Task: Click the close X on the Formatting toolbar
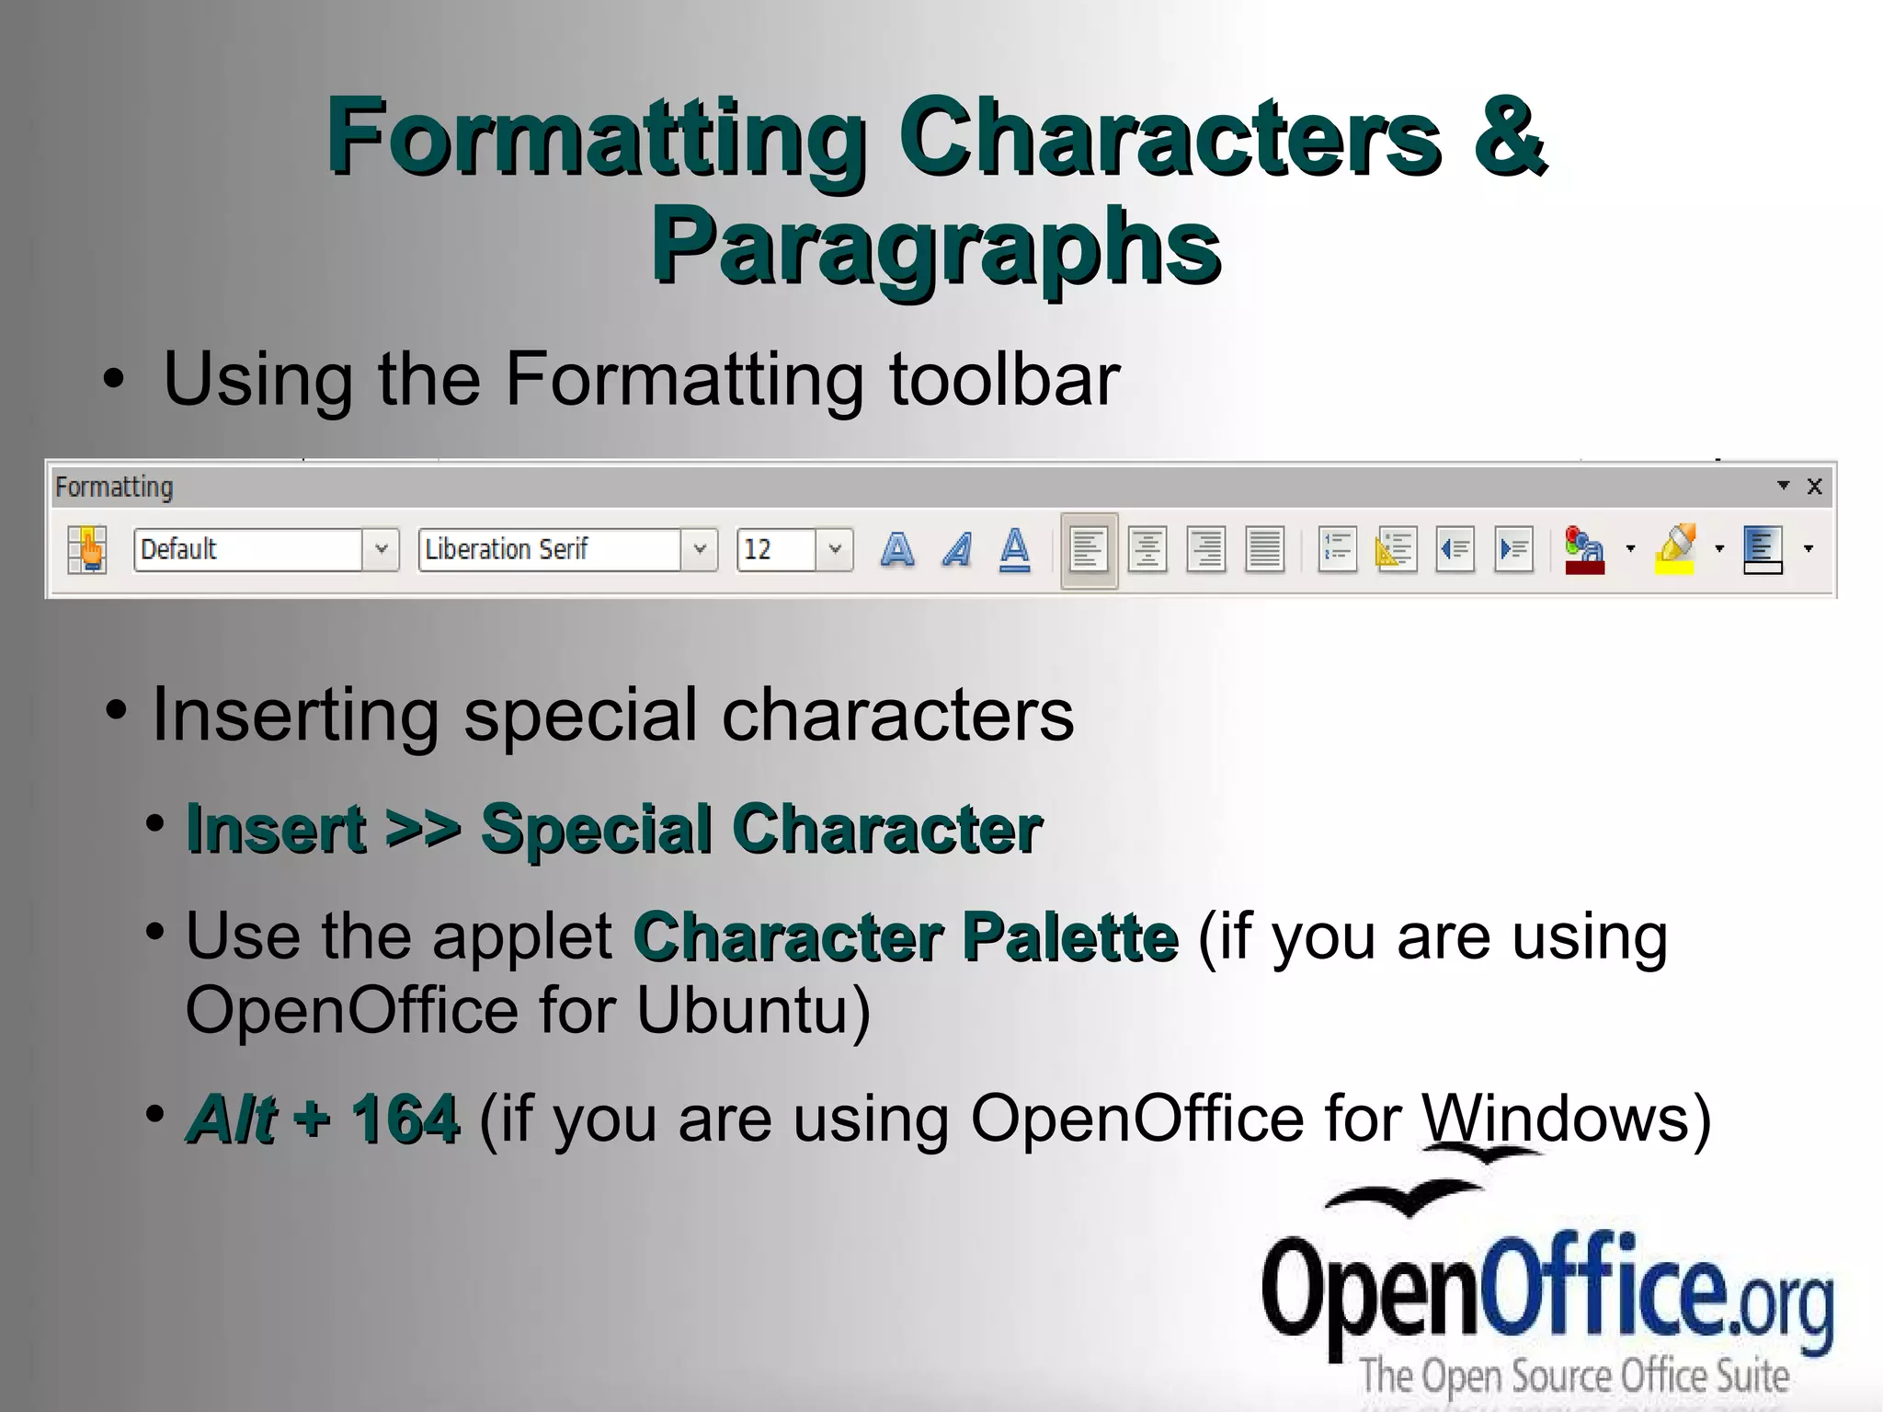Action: click(1814, 487)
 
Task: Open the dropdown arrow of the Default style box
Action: click(381, 549)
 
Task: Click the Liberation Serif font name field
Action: click(549, 549)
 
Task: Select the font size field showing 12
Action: click(775, 549)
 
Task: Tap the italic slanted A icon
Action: click(957, 549)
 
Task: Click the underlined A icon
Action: click(1014, 549)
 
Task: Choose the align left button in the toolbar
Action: click(1089, 549)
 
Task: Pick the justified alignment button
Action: click(1264, 549)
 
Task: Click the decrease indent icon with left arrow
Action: click(1455, 549)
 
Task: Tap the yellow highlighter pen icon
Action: click(1675, 549)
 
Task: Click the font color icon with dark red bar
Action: click(1584, 549)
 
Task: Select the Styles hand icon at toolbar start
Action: click(89, 549)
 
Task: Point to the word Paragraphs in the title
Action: click(936, 245)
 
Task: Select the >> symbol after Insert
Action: click(423, 828)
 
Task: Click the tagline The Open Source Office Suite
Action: click(1574, 1376)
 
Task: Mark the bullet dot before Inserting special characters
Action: click(116, 711)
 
